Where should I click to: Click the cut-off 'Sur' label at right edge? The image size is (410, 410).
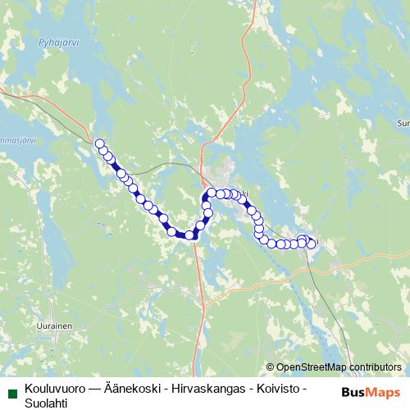[403, 123]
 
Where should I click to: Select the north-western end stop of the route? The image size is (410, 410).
[100, 143]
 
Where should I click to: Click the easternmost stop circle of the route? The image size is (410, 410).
[312, 244]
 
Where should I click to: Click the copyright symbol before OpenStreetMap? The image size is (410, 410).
[271, 367]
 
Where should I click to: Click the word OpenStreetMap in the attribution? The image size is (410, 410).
[311, 367]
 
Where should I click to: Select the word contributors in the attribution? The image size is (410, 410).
[375, 367]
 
